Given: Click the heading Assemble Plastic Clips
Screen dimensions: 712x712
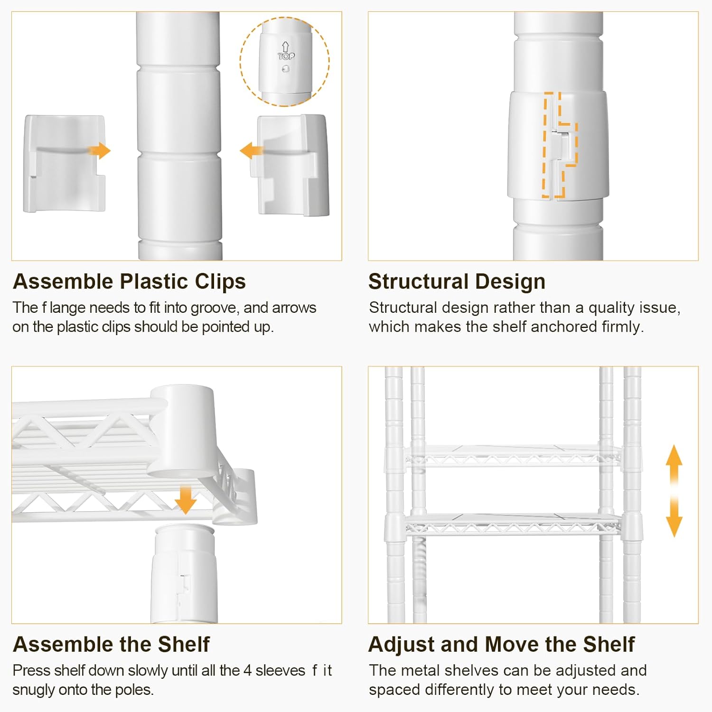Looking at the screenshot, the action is (129, 281).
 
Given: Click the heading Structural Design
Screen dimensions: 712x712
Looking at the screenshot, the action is (457, 281).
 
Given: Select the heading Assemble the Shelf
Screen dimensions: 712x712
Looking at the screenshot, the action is (111, 644).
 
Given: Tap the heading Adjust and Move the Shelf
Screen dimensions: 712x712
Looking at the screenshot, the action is (501, 644).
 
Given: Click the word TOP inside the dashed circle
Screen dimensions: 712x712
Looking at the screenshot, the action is (286, 56).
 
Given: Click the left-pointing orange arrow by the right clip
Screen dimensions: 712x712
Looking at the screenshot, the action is (251, 151).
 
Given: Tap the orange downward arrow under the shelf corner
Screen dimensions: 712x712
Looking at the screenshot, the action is (185, 500).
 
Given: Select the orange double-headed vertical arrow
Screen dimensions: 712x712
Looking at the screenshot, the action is (674, 491).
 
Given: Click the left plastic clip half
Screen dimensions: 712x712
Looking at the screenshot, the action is (64, 163).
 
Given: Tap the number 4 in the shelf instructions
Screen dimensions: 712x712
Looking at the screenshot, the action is (247, 670).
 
